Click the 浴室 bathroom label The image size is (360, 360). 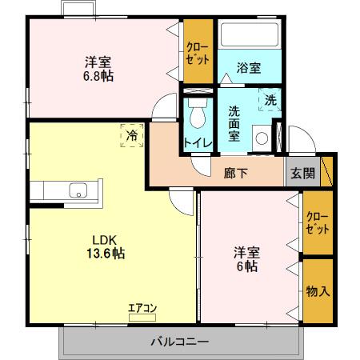point(249,68)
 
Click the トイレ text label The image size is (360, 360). point(198,143)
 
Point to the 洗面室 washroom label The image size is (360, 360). point(234,123)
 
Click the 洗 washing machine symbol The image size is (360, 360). point(270,100)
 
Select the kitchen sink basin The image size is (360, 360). point(78,190)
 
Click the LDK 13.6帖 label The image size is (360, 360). point(106,247)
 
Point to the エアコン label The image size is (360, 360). point(142,307)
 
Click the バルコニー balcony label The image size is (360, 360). point(180,342)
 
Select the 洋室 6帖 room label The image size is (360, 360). point(246,260)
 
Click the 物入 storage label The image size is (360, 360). point(318,291)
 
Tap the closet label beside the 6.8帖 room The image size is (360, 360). point(198,54)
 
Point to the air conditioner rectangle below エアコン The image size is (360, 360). point(142,318)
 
